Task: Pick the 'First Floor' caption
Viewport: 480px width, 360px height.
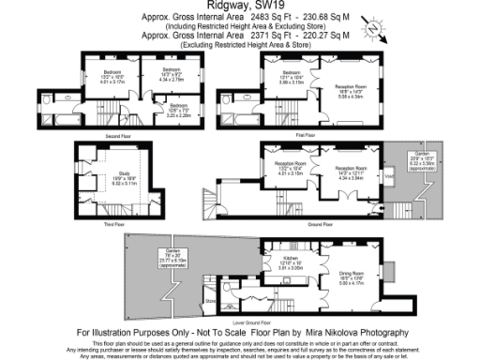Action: (305, 135)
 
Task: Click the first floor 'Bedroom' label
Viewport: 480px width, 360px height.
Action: (292, 72)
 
